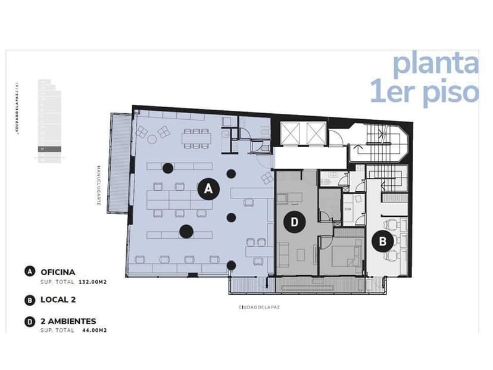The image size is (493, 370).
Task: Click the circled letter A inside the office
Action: point(208,189)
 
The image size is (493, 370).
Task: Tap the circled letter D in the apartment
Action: point(294,223)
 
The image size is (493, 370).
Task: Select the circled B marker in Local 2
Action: point(382,241)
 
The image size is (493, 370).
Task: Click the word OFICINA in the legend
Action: point(58,272)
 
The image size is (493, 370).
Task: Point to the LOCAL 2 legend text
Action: point(58,300)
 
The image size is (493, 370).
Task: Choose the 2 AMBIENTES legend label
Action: point(68,321)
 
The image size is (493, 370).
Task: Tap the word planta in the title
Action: point(435,64)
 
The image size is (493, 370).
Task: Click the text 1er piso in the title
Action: point(425,92)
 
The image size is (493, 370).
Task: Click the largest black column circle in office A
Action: point(188,231)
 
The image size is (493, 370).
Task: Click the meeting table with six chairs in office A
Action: point(196,137)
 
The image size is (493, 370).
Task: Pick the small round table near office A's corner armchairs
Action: point(152,139)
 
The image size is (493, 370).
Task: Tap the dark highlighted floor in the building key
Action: point(49,150)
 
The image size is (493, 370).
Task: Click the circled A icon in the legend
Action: point(29,272)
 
